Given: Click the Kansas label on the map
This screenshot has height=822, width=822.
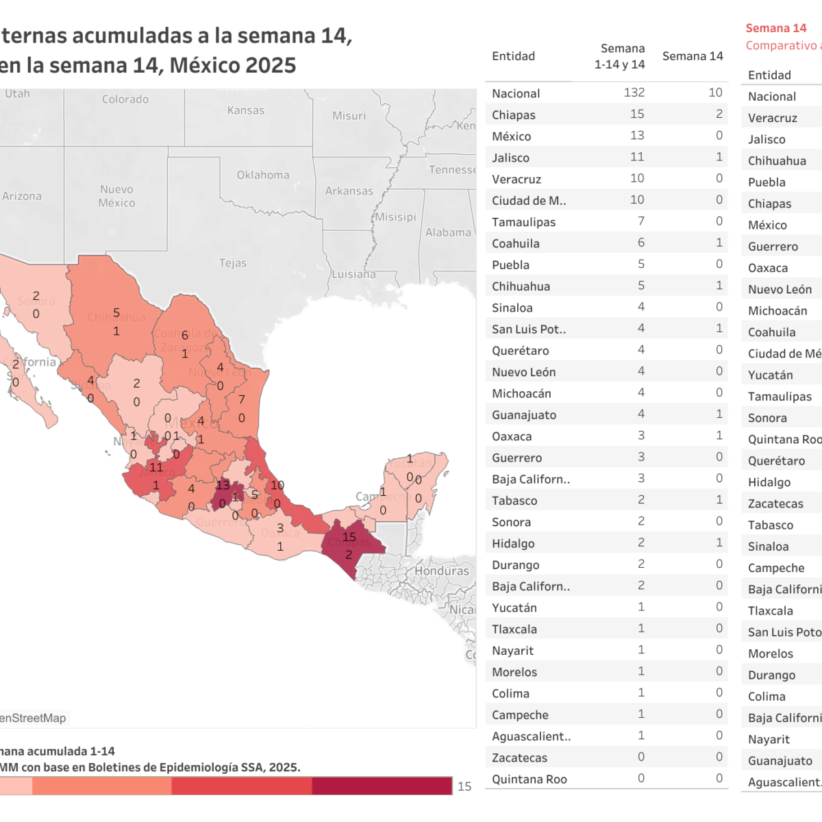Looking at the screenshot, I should coord(245,110).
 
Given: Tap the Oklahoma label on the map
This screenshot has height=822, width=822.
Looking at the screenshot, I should coord(263,175).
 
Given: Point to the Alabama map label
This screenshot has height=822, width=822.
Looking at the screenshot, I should coord(448,233).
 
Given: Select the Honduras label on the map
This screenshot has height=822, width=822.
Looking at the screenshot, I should coord(442,571).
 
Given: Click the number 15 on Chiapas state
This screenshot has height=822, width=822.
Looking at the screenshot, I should coord(349,537).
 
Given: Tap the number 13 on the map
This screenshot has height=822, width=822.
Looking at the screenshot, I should coord(223,485).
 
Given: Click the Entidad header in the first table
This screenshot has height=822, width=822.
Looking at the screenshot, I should coord(513,56).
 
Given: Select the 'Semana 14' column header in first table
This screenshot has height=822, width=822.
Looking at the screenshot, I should coord(693,56).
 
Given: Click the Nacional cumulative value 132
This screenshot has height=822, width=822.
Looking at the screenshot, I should coord(634,92).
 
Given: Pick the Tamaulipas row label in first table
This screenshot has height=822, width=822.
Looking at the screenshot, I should coord(523,222).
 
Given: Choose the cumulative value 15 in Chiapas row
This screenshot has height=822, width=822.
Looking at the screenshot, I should coord(637,114).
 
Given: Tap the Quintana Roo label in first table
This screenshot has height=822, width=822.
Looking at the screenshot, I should coord(529,779).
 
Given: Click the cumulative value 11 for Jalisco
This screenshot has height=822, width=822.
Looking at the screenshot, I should coord(637,157).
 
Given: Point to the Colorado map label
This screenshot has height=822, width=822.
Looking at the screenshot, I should coord(125,99).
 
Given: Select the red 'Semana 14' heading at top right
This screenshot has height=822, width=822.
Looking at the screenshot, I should coord(775,28).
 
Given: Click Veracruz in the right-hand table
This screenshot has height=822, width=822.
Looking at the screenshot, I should coord(772,118).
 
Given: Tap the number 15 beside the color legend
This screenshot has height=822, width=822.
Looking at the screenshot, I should coord(464,786).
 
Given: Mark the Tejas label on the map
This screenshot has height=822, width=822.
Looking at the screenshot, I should coord(233,263).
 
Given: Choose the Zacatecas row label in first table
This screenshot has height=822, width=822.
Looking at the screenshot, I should coord(519,758).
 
